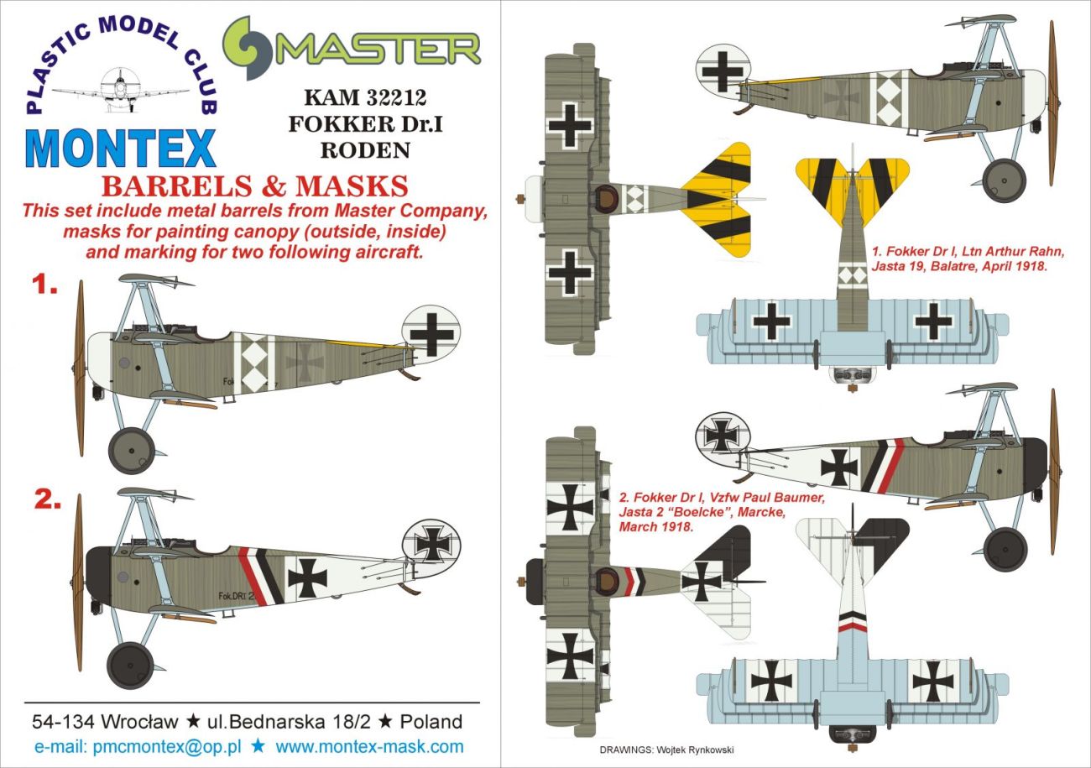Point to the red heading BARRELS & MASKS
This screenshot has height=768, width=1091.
255,185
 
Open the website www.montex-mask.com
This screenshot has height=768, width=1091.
369,746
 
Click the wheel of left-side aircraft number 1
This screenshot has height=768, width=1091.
131,450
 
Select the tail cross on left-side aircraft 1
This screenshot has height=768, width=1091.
431,334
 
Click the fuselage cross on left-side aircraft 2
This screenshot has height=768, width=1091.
307,577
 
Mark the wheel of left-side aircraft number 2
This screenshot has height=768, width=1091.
131,665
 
